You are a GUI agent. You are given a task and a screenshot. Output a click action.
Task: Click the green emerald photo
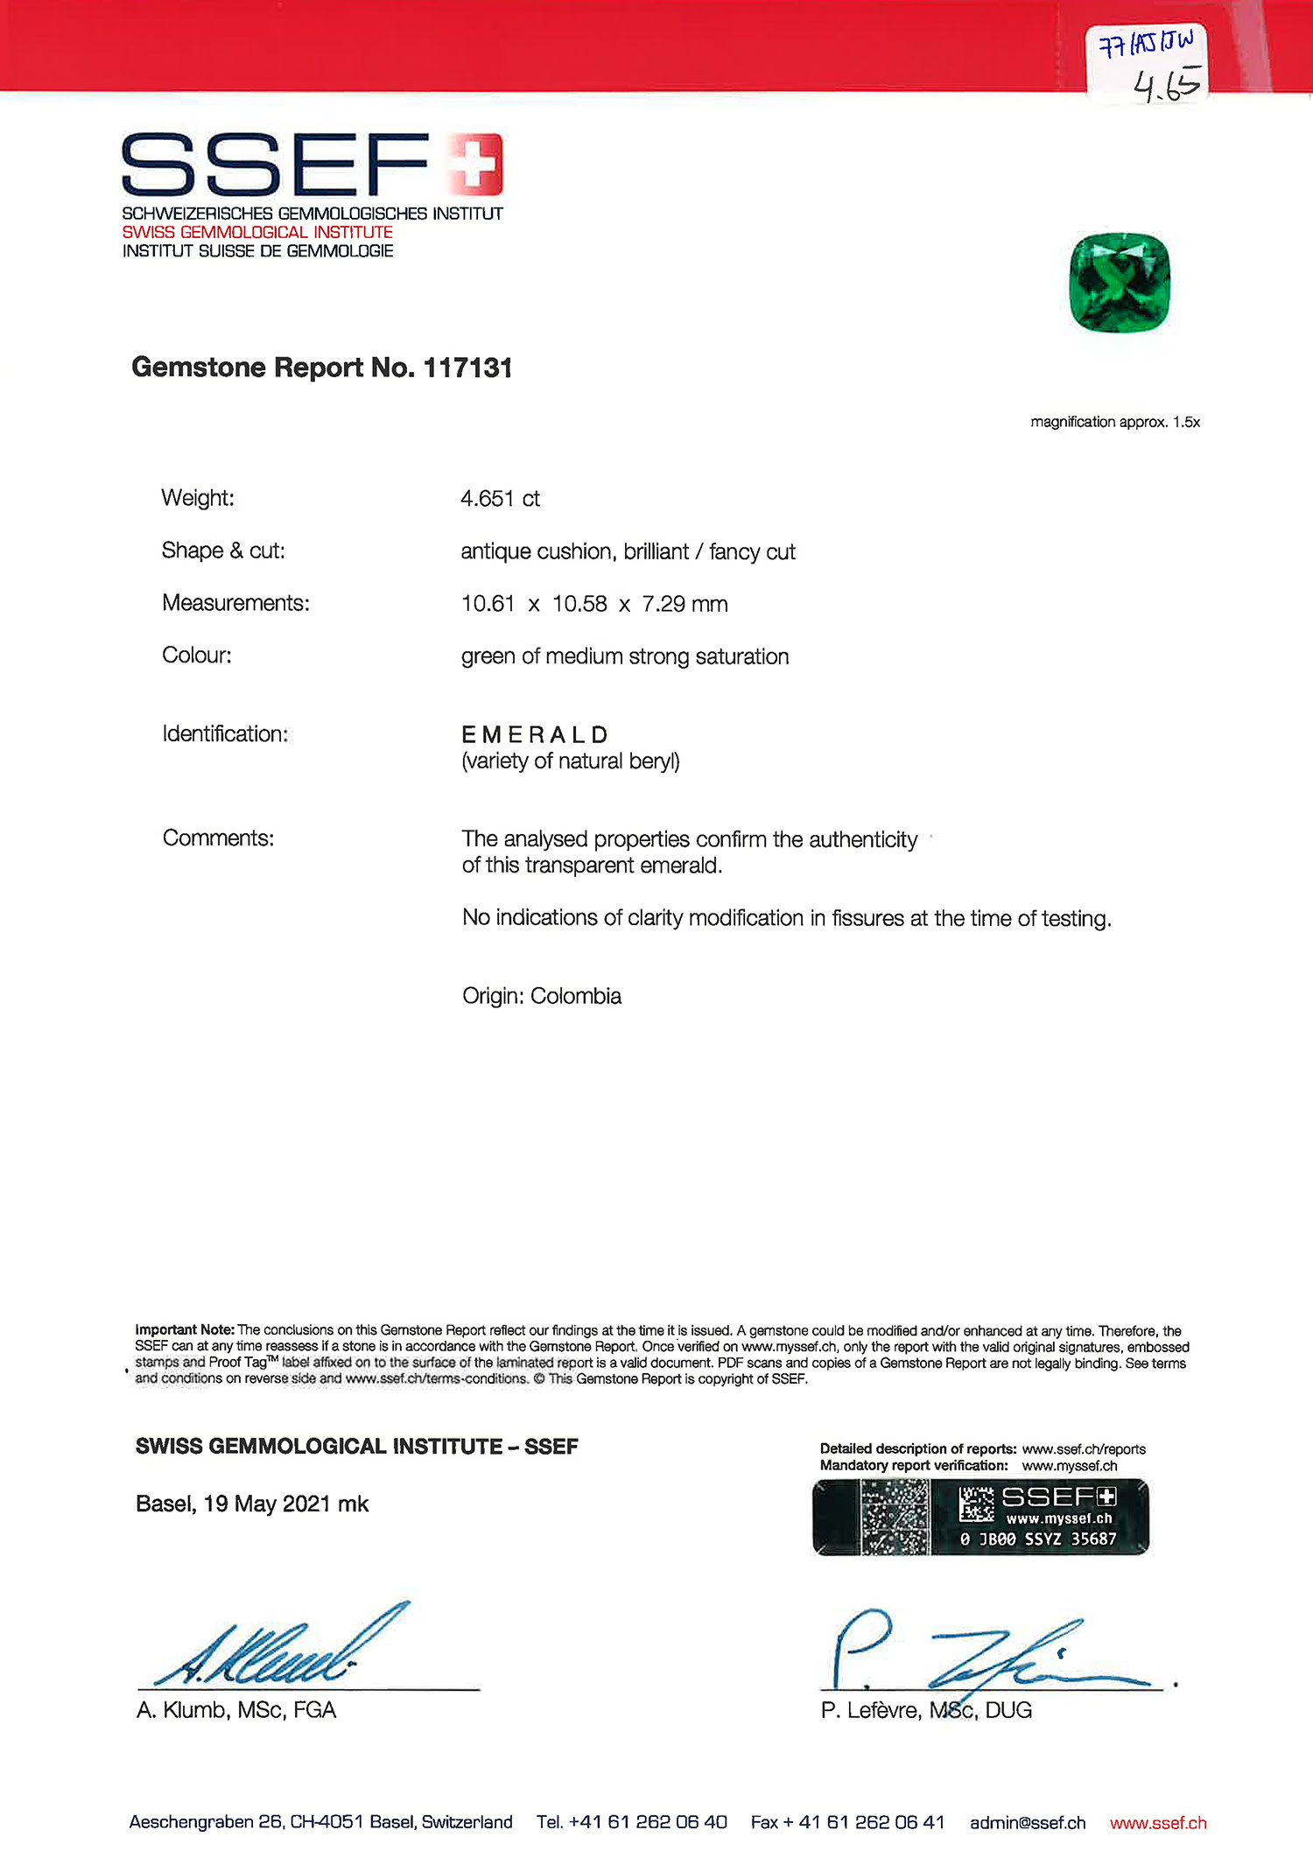point(1120,283)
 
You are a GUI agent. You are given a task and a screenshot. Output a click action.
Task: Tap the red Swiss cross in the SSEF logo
point(474,164)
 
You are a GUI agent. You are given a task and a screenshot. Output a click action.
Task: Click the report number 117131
point(467,368)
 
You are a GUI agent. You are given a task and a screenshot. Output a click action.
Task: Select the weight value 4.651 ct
point(500,499)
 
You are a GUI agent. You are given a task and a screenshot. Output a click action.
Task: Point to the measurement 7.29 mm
point(685,604)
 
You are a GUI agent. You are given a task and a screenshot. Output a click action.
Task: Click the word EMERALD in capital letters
point(535,734)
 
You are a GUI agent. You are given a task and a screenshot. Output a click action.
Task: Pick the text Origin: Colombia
point(542,996)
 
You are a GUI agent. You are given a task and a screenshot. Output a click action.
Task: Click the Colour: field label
point(197,656)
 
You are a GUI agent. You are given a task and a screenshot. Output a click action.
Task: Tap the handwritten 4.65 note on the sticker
point(1166,85)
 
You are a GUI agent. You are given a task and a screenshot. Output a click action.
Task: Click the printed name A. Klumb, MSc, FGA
point(236,1710)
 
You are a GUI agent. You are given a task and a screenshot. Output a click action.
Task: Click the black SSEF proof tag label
point(980,1517)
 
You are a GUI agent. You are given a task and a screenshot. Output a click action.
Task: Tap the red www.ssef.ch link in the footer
point(1158,1822)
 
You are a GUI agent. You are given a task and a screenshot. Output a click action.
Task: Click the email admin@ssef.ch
point(1028,1822)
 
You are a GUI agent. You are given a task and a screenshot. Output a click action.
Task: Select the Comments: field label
point(218,838)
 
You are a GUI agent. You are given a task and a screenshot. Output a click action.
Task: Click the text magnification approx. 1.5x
point(1115,422)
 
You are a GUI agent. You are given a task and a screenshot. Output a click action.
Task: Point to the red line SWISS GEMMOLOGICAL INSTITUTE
point(257,232)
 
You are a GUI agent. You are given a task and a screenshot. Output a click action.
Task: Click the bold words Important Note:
point(185,1329)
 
